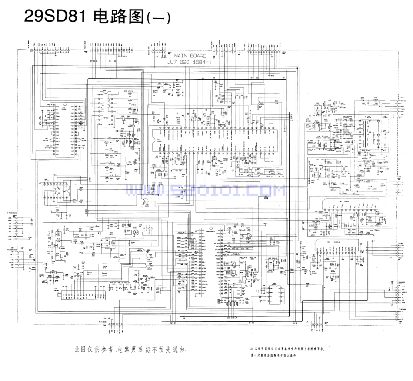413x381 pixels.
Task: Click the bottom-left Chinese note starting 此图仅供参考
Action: coord(130,349)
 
